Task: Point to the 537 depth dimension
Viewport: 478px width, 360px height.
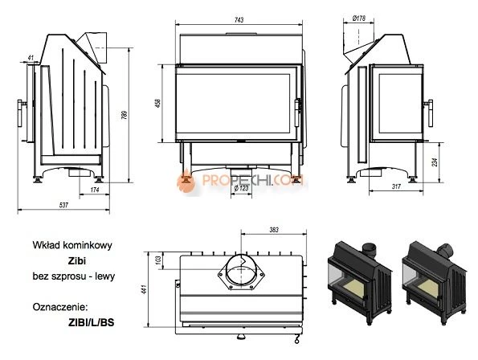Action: click(x=63, y=206)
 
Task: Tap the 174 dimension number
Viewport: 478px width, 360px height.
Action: click(x=94, y=190)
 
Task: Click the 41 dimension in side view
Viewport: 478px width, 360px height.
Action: click(x=30, y=58)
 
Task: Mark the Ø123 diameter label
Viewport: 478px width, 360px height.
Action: click(x=240, y=190)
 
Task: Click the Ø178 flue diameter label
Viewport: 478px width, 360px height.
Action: click(x=359, y=17)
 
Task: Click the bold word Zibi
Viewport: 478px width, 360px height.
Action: click(x=77, y=260)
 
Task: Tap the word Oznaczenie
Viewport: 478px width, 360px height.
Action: click(x=58, y=306)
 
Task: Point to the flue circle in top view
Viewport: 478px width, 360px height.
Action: click(x=240, y=272)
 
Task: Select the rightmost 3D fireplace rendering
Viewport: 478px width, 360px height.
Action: click(x=435, y=278)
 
